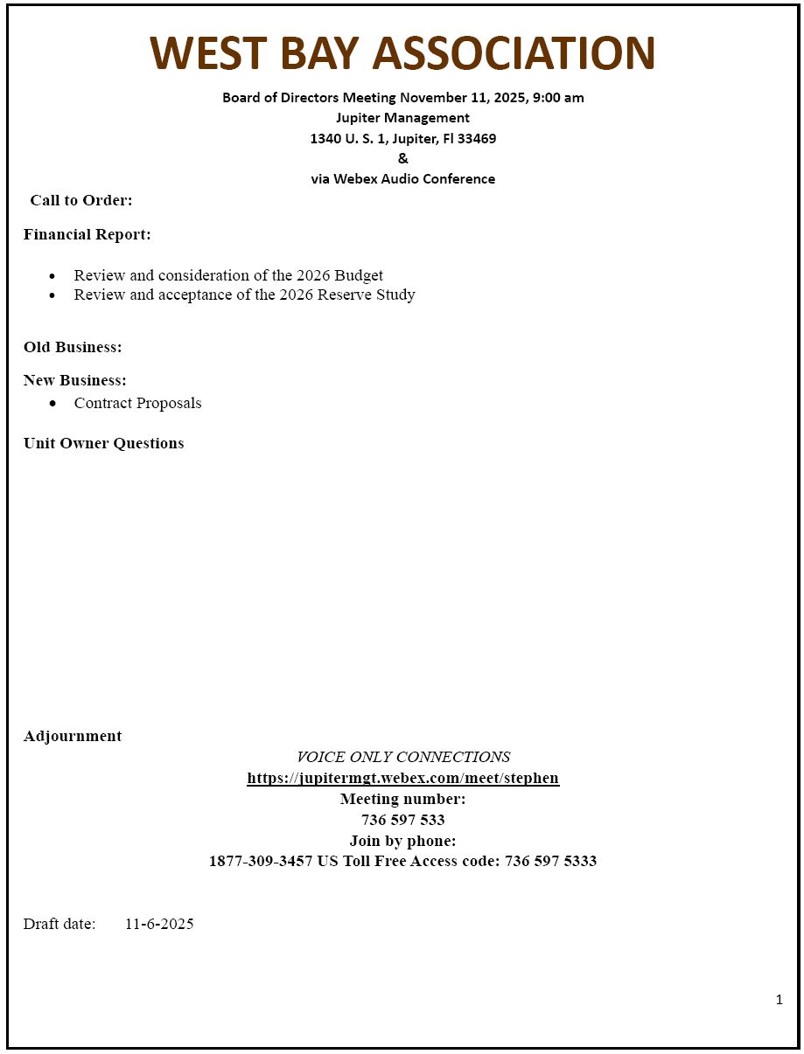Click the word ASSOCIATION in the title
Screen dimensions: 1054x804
(514, 53)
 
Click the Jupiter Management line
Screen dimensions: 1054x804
(402, 117)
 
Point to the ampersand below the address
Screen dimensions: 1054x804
(402, 158)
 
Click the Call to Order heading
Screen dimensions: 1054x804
(81, 200)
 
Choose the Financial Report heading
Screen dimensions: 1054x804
(87, 234)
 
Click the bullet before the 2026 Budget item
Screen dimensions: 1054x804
(53, 276)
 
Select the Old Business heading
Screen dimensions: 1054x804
(73, 347)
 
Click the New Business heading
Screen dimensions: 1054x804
(75, 380)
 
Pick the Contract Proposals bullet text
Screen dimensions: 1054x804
(137, 403)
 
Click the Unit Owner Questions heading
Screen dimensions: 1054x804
(104, 443)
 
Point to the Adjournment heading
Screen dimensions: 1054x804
(73, 736)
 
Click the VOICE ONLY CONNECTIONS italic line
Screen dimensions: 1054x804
(403, 757)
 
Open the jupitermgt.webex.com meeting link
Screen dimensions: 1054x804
(402, 778)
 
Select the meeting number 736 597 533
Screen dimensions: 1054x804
(402, 820)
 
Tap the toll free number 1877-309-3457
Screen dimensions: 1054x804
(260, 861)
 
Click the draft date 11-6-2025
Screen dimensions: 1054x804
(159, 924)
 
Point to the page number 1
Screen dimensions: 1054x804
(779, 1000)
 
